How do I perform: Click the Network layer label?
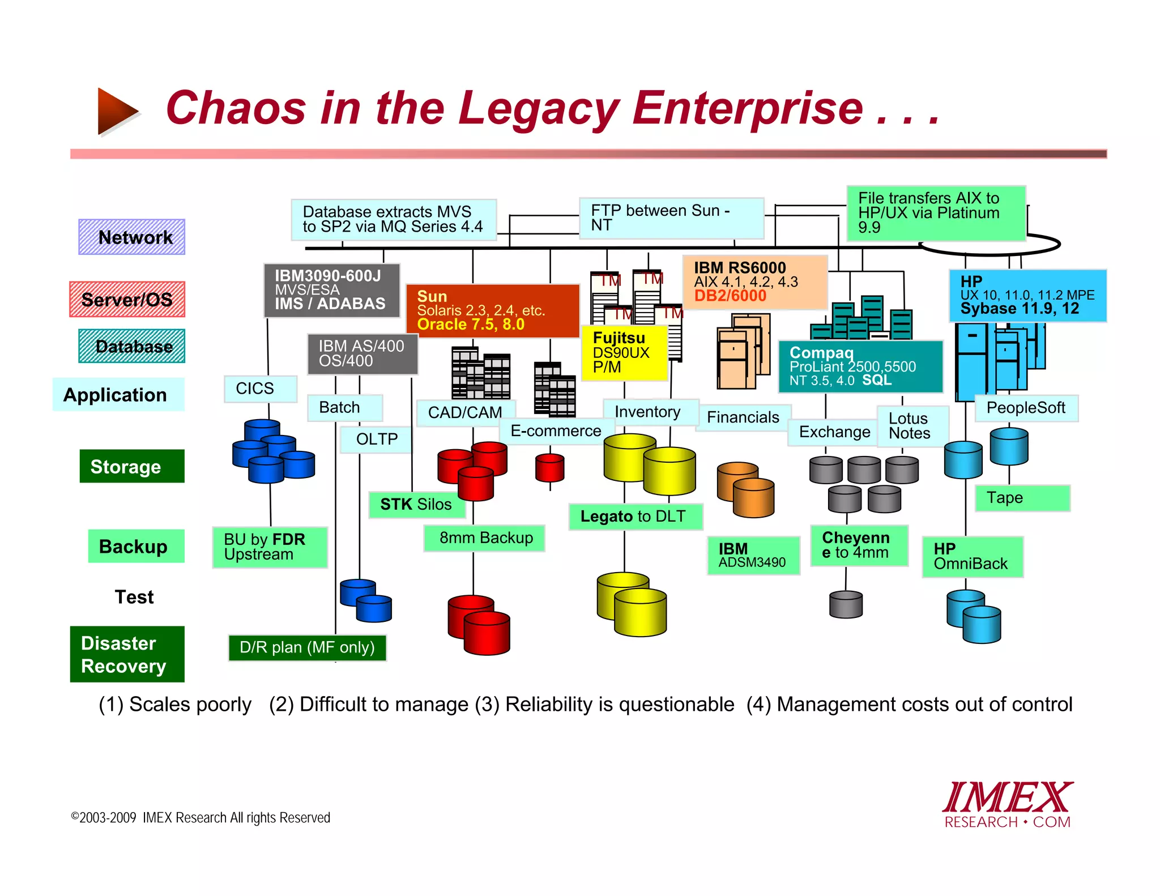(x=131, y=237)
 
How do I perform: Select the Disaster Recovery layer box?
(x=127, y=654)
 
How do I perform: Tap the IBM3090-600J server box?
(x=331, y=290)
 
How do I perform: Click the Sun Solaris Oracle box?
(x=492, y=310)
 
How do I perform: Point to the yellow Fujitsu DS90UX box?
(x=624, y=352)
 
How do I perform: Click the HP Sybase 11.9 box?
(x=1027, y=295)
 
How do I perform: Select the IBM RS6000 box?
(x=754, y=282)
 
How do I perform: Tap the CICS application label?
(x=260, y=389)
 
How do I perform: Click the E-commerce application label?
(x=556, y=431)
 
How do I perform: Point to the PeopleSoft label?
(x=1026, y=408)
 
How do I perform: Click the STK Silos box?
(x=416, y=504)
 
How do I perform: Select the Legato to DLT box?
(x=635, y=516)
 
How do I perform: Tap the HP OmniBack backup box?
(x=972, y=556)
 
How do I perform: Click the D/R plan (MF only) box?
(x=307, y=647)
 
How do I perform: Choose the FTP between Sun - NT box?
(x=671, y=218)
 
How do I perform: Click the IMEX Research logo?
(x=1007, y=805)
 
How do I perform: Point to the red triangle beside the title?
(x=116, y=111)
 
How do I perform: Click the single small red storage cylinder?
(x=549, y=468)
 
